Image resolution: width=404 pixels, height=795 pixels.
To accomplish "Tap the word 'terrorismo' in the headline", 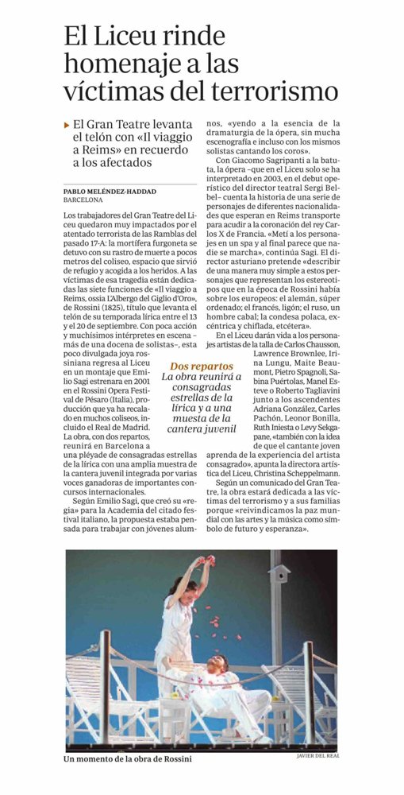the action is pyautogui.click(x=264, y=91).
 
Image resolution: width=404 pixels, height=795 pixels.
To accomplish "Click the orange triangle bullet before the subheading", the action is pyautogui.click(x=66, y=124).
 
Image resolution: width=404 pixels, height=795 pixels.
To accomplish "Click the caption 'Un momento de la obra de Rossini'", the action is pyautogui.click(x=128, y=758).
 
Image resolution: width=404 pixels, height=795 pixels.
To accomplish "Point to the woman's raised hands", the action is pyautogui.click(x=208, y=561).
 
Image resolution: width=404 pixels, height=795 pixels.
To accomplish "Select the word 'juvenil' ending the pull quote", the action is pyautogui.click(x=217, y=429).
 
